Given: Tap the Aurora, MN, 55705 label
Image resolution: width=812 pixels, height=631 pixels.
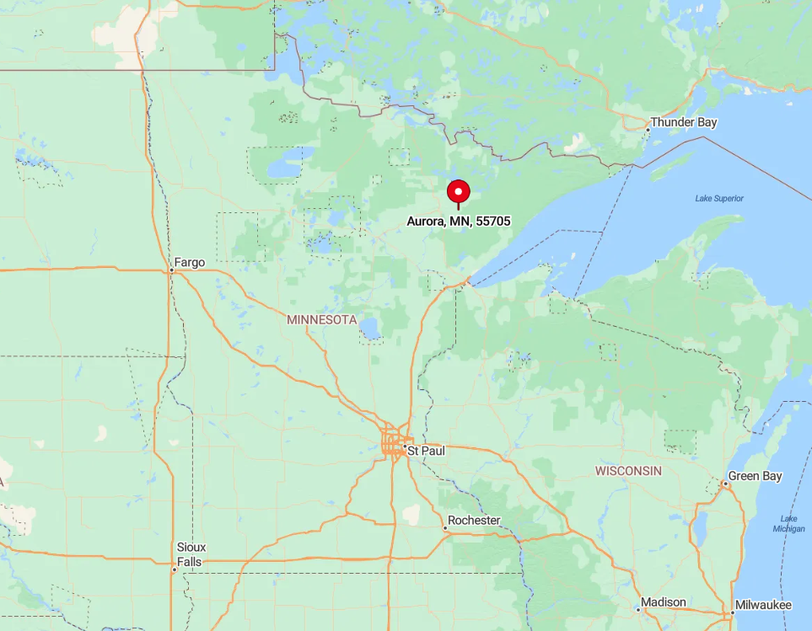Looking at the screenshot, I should (458, 221).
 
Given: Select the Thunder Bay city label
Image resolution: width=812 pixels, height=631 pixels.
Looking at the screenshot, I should (684, 122).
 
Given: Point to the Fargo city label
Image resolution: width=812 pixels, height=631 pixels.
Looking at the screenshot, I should (190, 262).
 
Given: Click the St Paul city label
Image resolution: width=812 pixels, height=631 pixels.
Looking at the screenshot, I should (426, 451).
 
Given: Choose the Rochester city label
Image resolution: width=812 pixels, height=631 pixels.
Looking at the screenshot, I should (474, 520).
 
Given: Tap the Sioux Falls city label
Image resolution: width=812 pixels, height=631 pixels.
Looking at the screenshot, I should (191, 554).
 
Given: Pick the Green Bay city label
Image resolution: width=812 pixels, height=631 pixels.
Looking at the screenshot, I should (756, 476).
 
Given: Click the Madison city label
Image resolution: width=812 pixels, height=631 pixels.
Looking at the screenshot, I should (663, 602).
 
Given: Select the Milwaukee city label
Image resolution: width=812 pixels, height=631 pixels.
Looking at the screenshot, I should (762, 605).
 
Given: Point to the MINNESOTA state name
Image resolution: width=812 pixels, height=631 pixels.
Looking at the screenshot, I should (322, 320).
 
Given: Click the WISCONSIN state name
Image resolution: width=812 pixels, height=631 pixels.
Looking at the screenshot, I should (628, 470).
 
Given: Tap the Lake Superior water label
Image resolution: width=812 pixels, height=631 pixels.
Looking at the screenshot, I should (719, 198).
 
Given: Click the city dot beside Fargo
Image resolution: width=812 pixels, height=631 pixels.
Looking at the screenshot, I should (171, 270).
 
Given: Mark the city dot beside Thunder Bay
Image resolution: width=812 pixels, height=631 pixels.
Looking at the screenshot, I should (648, 130).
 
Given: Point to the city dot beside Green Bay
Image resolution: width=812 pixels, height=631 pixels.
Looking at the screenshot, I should (724, 484).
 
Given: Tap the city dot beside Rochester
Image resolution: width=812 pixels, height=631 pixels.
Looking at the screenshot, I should (445, 528).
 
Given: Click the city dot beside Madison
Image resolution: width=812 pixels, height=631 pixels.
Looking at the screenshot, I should (638, 609).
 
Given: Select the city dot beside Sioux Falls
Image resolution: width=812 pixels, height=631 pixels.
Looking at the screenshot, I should (175, 570).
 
